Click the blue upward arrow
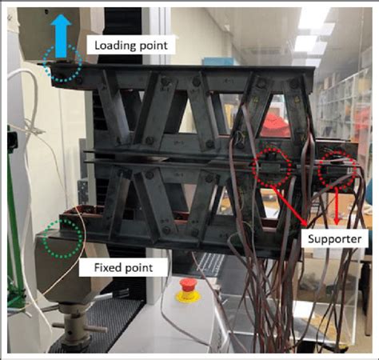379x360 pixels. [61, 36]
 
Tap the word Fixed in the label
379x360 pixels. [105, 267]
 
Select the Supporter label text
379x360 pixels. [335, 239]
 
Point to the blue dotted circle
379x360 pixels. [42, 63]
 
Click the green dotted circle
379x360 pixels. [43, 238]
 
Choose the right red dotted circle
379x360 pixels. [319, 170]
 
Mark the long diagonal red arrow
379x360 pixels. [289, 206]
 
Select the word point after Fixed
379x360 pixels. [138, 268]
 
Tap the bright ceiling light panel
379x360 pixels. [312, 18]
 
